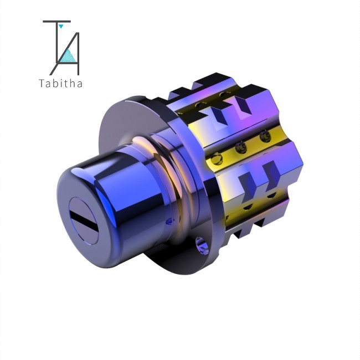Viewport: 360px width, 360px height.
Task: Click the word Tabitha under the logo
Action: (60, 83)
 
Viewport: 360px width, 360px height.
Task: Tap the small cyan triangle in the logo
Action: (61, 26)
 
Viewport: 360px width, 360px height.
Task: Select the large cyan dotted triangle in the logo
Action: (68, 56)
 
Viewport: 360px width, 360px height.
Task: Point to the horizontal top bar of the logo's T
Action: (56, 22)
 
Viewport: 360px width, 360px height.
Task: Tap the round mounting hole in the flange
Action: (202, 246)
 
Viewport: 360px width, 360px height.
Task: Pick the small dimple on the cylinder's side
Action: (169, 222)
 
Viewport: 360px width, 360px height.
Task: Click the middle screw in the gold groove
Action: (241, 147)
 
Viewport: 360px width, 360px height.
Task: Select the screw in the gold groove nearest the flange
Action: (217, 158)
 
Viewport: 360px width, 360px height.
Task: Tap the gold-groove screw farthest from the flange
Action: (265, 136)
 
